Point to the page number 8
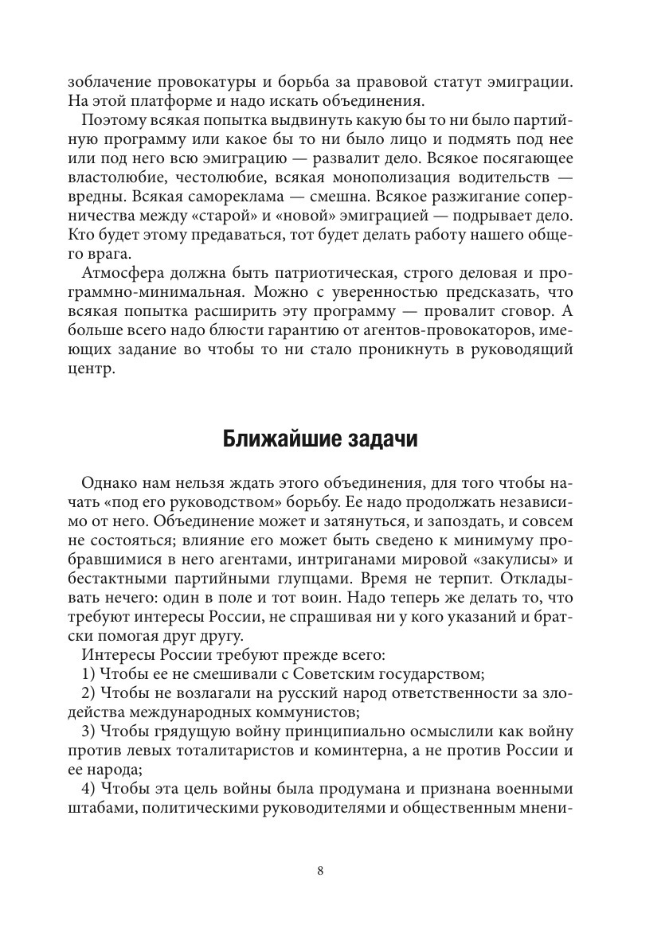pos(320,870)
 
